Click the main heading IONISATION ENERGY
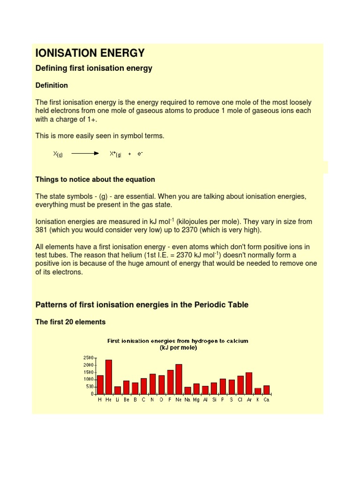pos(90,53)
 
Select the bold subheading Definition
pos(52,85)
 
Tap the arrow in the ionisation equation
pos(85,153)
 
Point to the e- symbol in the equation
pos(140,153)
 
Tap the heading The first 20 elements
pos(71,322)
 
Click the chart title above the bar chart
pos(178,344)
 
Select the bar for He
pos(109,377)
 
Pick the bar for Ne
pos(179,379)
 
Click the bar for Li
pos(117,390)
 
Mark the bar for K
pos(257,391)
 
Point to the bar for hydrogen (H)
pos(100,384)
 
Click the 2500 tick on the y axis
pos(89,358)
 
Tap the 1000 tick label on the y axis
pos(89,379)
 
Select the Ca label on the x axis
pos(266,400)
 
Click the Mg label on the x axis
pos(196,400)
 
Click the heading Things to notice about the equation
pos(95,180)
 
